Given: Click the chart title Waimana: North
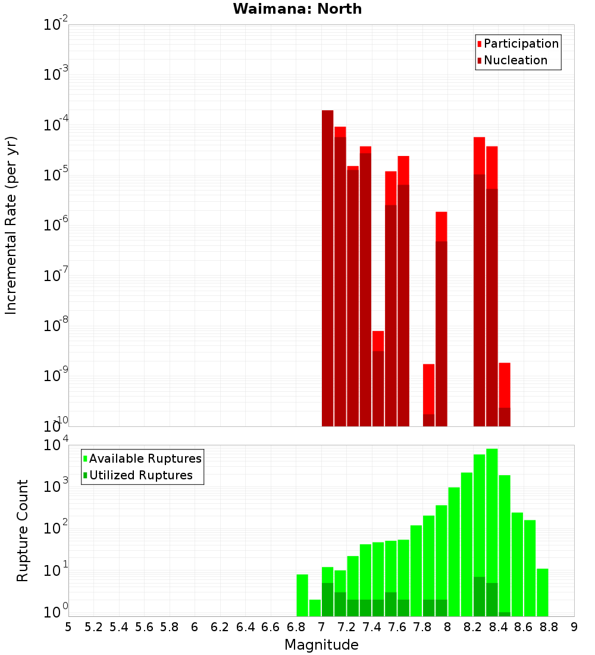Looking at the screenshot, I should pos(297,9).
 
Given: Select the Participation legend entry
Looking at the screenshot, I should pos(521,43).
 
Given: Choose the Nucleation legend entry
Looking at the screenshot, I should pos(515,60).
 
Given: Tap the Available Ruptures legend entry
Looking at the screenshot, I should pos(145,458).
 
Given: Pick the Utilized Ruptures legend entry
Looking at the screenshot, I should pos(140,475).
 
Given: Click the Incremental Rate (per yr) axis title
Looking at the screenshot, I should pos(11,225).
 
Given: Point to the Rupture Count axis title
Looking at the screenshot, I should pos(23,530).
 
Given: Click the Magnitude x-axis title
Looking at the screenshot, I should pos(321,645).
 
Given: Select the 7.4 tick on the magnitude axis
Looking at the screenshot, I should pos(372,627).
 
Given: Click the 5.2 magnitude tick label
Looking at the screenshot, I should pos(93,627).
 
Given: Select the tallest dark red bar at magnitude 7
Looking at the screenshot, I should pos(327,268).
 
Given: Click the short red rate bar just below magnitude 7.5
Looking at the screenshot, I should pos(378,381).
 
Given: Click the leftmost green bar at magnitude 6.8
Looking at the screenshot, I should pos(302,595).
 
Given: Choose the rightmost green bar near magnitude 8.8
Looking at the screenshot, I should pos(542,592).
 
